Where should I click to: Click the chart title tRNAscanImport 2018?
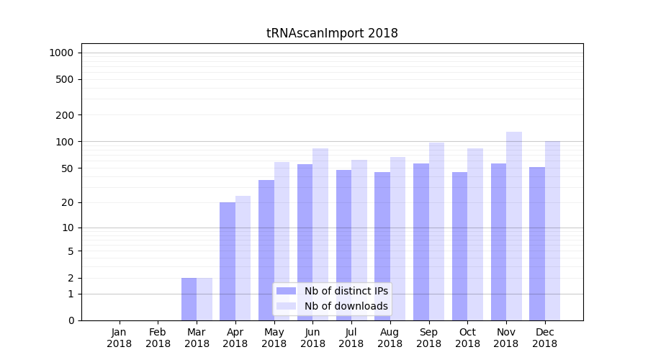click(x=332, y=33)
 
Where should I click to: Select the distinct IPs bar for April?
click(x=228, y=261)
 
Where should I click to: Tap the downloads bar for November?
click(x=514, y=226)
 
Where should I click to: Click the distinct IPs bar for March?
click(x=189, y=299)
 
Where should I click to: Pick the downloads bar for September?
click(x=436, y=231)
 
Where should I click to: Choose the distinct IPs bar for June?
click(x=305, y=242)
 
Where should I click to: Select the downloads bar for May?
click(x=282, y=241)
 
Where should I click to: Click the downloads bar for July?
click(x=359, y=240)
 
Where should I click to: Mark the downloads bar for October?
click(x=475, y=234)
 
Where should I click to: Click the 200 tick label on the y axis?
click(x=66, y=115)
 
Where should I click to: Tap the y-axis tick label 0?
click(x=71, y=320)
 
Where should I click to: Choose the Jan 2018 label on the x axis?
click(x=120, y=338)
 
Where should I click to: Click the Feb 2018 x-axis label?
click(x=158, y=338)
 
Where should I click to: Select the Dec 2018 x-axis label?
click(x=544, y=338)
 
